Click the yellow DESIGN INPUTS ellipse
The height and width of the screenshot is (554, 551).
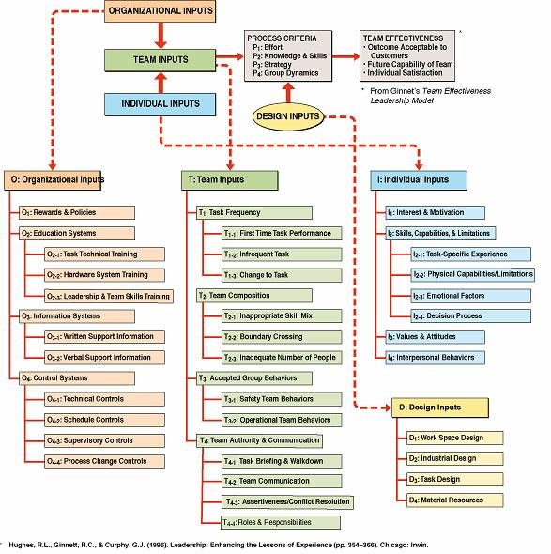[x=289, y=115]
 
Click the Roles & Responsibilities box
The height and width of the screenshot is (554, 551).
[x=268, y=521]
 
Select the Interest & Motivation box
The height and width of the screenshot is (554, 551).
[x=436, y=212]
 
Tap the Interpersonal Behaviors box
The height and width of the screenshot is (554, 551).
[x=436, y=357]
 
